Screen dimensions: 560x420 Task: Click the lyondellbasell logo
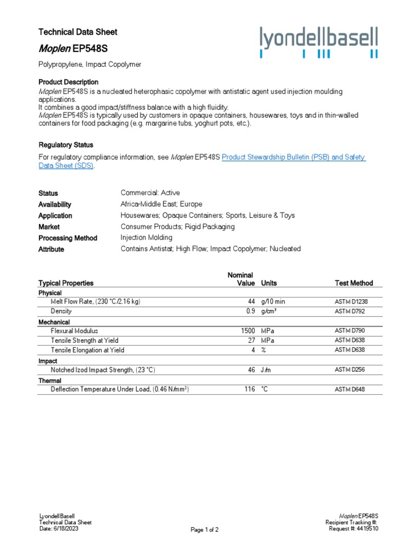318,42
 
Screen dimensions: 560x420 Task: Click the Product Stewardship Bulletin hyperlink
293,157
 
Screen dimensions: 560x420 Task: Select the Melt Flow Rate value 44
252,301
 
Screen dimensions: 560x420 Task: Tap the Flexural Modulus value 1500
248,331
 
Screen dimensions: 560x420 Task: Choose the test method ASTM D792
349,311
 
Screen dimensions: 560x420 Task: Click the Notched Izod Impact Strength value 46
252,370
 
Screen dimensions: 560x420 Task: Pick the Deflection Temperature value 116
250,389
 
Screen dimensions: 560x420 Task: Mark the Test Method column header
353,283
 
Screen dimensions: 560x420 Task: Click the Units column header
269,283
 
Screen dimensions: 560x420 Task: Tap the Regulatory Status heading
66,145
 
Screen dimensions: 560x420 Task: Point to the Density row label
61,311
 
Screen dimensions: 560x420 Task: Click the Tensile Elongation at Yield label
87,350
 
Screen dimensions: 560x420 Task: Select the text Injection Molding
146,237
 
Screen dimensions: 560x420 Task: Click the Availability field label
55,204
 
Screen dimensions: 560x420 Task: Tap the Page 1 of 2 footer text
205,529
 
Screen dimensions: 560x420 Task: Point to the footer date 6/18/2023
71,529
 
